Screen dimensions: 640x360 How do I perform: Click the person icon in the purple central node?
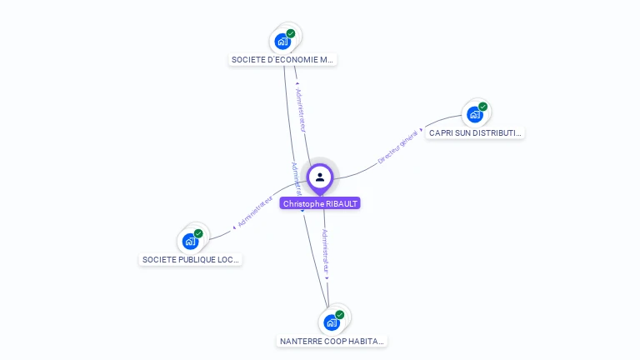coord(320,177)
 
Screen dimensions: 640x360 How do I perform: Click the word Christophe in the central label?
coord(302,204)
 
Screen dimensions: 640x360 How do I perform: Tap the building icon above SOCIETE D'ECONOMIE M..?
coord(282,40)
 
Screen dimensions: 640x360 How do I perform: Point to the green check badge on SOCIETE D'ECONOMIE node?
coord(291,33)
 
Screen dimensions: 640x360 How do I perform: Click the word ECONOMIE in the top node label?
coord(292,60)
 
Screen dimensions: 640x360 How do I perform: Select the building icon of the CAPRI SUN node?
coord(474,114)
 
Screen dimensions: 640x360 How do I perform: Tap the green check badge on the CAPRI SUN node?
coord(482,107)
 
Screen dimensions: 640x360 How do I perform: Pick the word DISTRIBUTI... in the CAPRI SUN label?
coord(497,133)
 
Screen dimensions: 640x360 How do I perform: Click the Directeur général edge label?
coord(397,147)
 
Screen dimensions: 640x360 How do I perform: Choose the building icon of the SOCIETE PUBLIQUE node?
coord(190,242)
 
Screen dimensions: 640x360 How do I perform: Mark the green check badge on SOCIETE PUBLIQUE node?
coord(198,234)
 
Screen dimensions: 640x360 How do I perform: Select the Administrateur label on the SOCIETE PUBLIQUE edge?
coord(255,212)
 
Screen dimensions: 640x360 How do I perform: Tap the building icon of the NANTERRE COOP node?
coord(332,322)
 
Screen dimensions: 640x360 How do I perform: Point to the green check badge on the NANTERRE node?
coord(340,315)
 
